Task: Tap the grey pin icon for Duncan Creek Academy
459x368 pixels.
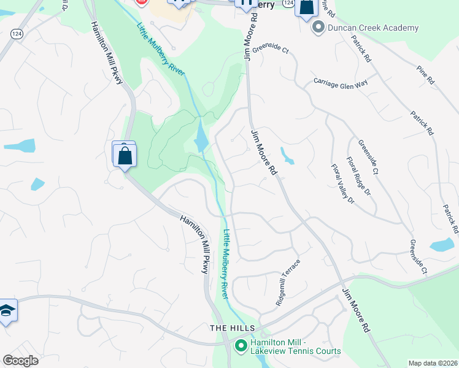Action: pyautogui.click(x=318, y=28)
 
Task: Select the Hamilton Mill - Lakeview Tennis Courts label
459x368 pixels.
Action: pyautogui.click(x=295, y=347)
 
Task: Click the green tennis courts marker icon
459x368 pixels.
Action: pyautogui.click(x=240, y=347)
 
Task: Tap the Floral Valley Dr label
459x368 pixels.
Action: pyautogui.click(x=342, y=183)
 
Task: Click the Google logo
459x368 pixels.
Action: pyautogui.click(x=20, y=361)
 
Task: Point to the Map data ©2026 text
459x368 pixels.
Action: pyautogui.click(x=433, y=363)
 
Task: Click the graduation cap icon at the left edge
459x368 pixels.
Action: pyautogui.click(x=7, y=311)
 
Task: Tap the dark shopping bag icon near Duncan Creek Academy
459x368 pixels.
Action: pyautogui.click(x=306, y=7)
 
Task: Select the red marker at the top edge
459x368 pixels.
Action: pyautogui.click(x=142, y=2)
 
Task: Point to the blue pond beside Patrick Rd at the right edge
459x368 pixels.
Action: pyautogui.click(x=442, y=246)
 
